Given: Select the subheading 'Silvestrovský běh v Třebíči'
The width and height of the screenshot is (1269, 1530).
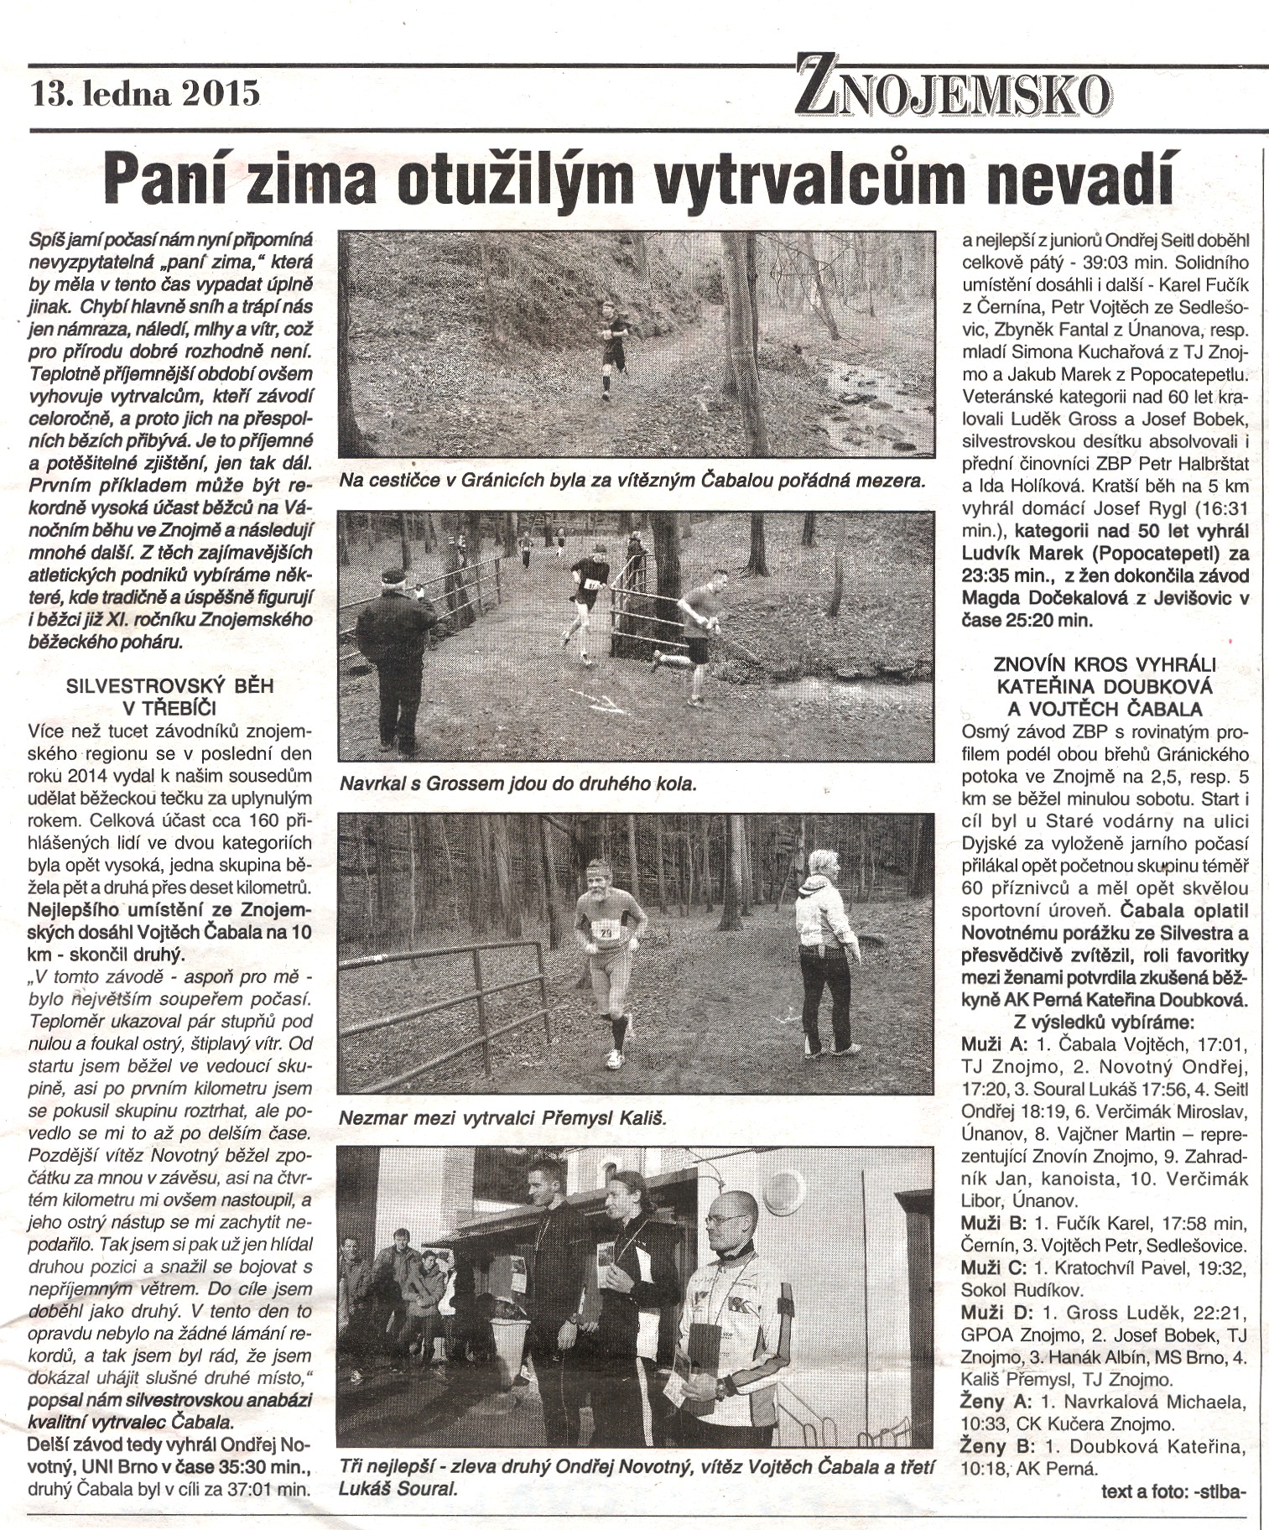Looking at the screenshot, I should (x=169, y=696).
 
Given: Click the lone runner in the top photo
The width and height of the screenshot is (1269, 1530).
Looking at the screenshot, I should (x=613, y=346).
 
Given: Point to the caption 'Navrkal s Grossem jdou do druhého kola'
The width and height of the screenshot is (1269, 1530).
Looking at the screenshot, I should (x=517, y=784).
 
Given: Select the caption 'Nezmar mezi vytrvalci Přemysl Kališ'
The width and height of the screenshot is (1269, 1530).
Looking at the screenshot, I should (x=502, y=1118).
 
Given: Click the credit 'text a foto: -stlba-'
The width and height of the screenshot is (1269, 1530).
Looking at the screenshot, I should (x=1174, y=1491).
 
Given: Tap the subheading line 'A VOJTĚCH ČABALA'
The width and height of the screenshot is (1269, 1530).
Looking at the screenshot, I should (x=1105, y=708).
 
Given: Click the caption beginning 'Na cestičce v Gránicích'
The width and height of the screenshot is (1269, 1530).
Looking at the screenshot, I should (x=632, y=481).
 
